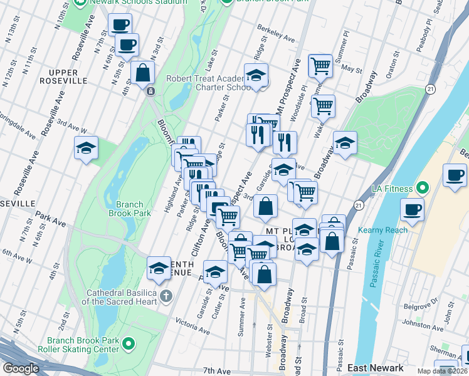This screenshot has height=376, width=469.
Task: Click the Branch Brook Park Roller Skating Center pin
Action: point(129,344)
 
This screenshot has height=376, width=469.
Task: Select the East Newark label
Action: point(374,368)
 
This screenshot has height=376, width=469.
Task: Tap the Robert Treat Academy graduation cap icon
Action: point(255,76)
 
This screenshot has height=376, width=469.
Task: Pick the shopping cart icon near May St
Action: point(321,65)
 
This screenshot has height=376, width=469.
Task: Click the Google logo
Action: point(21,368)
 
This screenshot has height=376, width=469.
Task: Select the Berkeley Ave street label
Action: point(276,34)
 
